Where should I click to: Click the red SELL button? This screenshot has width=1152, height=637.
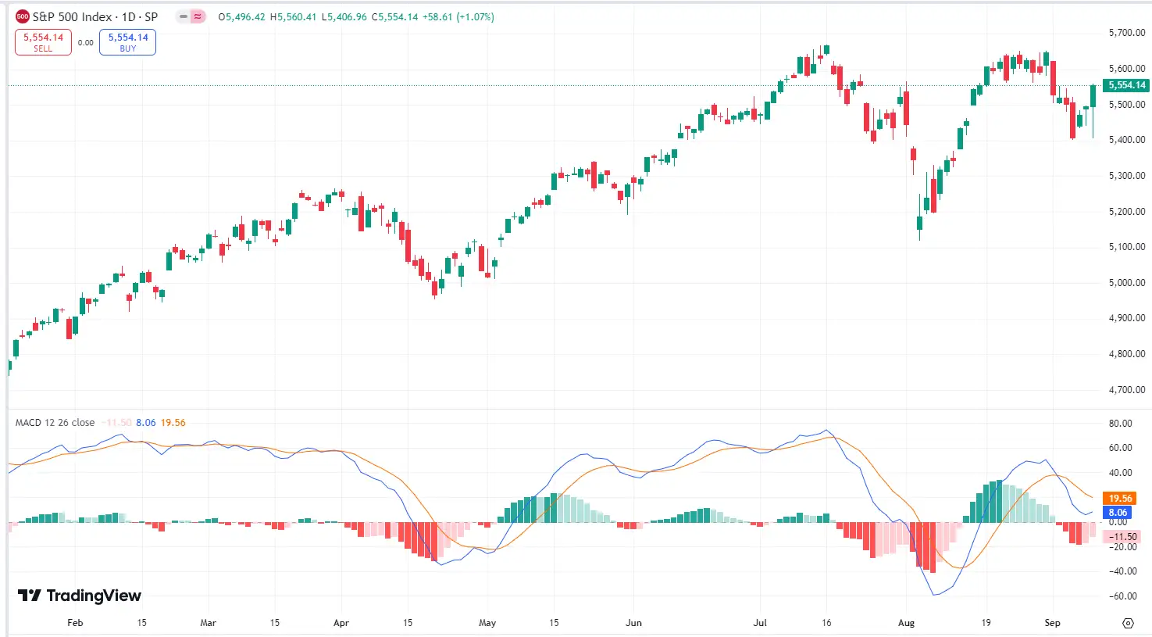point(43,42)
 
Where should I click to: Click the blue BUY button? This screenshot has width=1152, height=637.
point(127,42)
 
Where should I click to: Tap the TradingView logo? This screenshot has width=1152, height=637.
point(80,596)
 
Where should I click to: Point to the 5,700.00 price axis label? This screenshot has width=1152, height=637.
point(1126,33)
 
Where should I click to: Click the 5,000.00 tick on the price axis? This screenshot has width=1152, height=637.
point(1126,283)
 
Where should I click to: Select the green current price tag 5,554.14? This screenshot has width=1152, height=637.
point(1126,85)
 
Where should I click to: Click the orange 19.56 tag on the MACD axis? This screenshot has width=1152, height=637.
point(1120,499)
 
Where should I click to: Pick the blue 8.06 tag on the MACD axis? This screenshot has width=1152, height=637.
point(1118,513)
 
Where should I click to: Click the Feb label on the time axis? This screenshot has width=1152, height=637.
point(75,623)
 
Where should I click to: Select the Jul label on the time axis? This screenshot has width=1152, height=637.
point(760,623)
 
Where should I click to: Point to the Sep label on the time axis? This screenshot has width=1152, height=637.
point(1052,623)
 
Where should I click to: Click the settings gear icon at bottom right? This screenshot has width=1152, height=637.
point(1127,623)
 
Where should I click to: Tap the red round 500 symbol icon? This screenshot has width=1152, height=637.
point(23,16)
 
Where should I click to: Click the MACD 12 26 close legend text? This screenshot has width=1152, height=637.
point(55,423)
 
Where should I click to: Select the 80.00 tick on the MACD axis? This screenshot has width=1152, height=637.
point(1120,424)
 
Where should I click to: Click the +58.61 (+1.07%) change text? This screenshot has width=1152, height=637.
point(458,16)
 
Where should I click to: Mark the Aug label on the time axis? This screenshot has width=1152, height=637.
point(906,623)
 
